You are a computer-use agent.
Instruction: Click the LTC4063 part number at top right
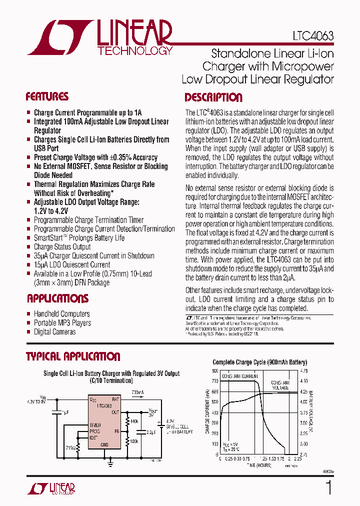tap(313, 36)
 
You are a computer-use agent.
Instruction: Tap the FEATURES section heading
tap(47, 97)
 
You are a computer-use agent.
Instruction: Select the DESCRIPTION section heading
tap(213, 97)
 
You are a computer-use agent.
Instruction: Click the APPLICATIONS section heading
tap(57, 298)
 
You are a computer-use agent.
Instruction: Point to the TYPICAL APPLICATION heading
tap(73, 356)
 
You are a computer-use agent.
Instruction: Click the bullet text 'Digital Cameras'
tap(54, 331)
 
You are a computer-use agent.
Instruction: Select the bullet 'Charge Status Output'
tap(62, 246)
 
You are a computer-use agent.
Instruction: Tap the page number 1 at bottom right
tap(328, 487)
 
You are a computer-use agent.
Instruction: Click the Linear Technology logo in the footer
tap(51, 488)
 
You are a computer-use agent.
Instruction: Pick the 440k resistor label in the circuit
tap(134, 422)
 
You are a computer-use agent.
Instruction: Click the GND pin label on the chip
tap(104, 444)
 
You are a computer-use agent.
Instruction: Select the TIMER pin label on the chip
tap(95, 424)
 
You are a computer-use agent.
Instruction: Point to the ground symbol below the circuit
tap(110, 463)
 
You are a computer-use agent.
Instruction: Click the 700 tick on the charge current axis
tap(214, 381)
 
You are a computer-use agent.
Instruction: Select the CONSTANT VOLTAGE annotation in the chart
tap(280, 384)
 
